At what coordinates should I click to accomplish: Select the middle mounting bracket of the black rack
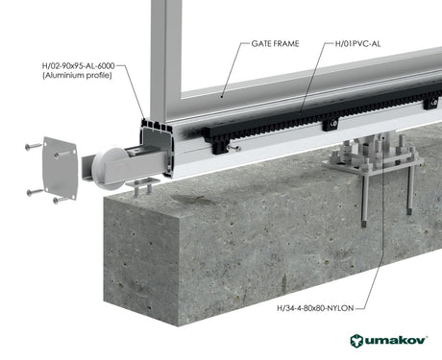pyautogui.click(x=330, y=123)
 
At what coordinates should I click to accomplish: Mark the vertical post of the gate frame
pyautogui.click(x=164, y=58)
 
